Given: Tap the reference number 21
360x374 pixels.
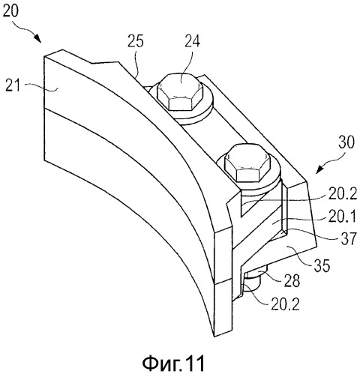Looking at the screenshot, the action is pos(13,86).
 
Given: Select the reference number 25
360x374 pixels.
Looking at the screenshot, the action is pos(136,41).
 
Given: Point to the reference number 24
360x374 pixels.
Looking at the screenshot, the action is pos(193,41).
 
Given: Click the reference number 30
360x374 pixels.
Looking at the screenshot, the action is pos(346,142).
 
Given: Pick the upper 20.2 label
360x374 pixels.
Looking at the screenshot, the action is pos(342,194).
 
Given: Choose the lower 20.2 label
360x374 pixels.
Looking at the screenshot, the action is pos(285,304).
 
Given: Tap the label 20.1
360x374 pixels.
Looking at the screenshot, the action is pos(341,217).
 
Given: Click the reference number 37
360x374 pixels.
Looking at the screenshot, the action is pos(349,239).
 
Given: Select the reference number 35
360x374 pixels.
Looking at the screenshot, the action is pos(322,265).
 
